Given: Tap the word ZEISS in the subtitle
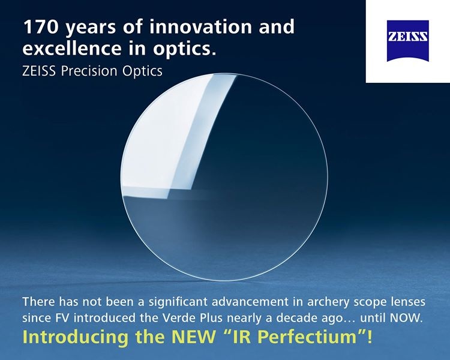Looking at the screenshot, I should point(39,70).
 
